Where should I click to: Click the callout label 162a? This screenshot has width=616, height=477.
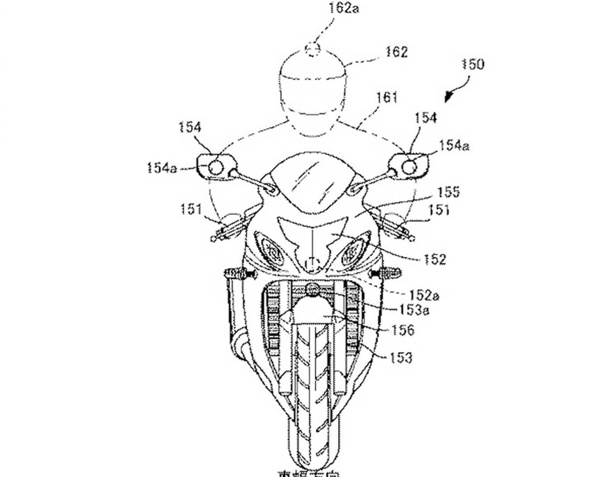343,8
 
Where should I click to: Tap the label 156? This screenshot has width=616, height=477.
403,330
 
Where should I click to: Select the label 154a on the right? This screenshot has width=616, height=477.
454,146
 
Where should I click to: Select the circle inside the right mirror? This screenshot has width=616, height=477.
410,166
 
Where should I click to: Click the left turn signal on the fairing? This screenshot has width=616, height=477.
235,272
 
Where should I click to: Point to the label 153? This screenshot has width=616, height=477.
400,358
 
